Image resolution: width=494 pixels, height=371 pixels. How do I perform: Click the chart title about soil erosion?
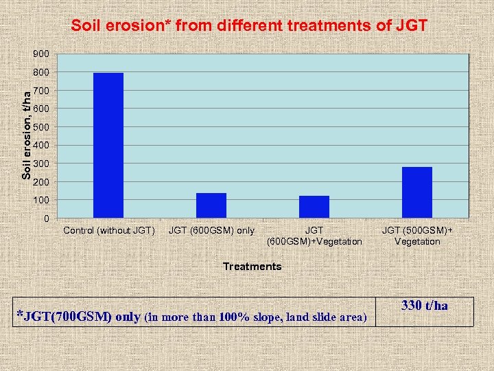pos(250,27)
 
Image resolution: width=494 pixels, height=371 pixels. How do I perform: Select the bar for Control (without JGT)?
pos(108,145)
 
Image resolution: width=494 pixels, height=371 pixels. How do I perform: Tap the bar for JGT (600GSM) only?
pos(211,205)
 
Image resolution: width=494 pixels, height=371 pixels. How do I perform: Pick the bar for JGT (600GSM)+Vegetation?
pos(314,207)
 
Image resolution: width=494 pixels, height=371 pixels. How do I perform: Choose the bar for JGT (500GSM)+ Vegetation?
pos(417,192)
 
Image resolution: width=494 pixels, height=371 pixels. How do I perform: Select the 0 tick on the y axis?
pos(46,218)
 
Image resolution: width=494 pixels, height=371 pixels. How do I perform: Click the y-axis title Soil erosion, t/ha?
pos(26,135)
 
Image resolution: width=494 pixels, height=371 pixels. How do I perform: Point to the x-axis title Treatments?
pos(252,267)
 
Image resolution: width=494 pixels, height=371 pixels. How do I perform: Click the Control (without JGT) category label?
pos(109,230)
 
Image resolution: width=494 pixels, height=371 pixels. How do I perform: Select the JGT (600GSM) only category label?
pos(211,230)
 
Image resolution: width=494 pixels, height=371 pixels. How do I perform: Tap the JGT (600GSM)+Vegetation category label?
pos(314,236)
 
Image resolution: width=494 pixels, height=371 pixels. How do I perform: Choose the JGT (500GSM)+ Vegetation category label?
pos(417,236)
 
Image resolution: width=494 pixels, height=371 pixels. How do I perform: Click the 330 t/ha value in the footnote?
pos(425,306)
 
